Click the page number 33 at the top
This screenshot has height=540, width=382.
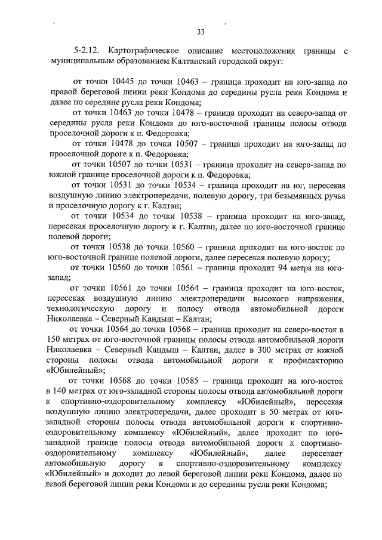[x=201, y=32]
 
